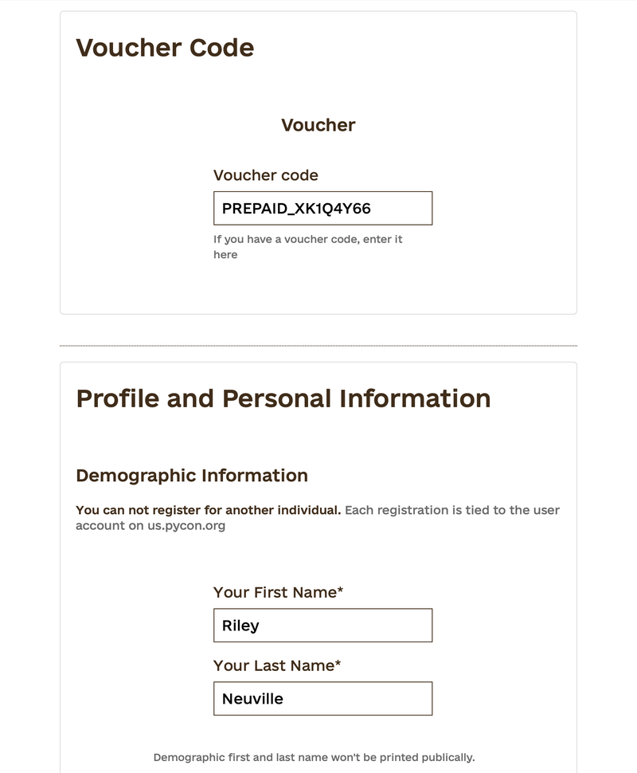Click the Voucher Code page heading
tap(165, 48)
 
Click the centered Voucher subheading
tap(318, 125)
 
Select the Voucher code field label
tap(266, 175)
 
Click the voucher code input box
tap(322, 208)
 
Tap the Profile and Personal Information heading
tap(283, 398)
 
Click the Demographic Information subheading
tap(192, 476)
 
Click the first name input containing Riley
tap(322, 626)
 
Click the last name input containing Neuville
tap(322, 699)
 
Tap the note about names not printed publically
tap(314, 757)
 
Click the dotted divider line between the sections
tap(318, 346)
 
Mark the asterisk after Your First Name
tap(340, 591)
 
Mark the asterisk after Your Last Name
tap(338, 664)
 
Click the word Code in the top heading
tap(221, 48)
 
